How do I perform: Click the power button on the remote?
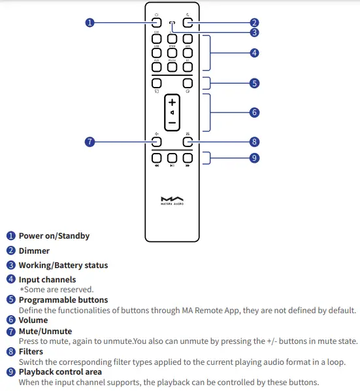click(157, 22)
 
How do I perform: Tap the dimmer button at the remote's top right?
click(188, 22)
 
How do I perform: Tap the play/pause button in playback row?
click(172, 158)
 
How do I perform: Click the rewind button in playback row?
click(157, 158)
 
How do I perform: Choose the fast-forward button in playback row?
click(188, 158)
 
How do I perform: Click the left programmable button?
click(157, 83)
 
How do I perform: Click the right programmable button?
click(188, 83)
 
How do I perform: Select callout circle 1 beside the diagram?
click(90, 22)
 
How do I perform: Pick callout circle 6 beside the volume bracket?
click(255, 112)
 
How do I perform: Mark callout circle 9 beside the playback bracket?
click(255, 158)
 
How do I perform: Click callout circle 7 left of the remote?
click(90, 142)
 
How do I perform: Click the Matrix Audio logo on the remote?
click(172, 199)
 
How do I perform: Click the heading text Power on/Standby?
click(54, 236)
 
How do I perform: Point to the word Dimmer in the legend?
click(34, 250)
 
